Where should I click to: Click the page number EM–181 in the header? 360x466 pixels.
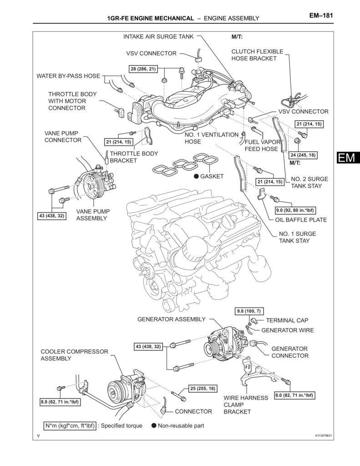coord(321,15)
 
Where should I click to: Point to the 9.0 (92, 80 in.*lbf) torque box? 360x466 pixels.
coord(296,210)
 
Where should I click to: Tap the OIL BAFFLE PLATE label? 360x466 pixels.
coord(301,220)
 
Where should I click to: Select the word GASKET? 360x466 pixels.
coord(212,176)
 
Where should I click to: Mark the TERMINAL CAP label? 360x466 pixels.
coord(287,320)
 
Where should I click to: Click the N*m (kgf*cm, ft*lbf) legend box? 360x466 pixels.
coord(70,426)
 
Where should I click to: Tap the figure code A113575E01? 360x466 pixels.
coord(323,436)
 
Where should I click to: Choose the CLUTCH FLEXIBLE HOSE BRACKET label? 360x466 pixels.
coord(257,55)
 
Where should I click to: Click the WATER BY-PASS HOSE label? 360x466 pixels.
coord(68,76)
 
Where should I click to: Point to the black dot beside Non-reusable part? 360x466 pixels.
coord(154,426)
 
